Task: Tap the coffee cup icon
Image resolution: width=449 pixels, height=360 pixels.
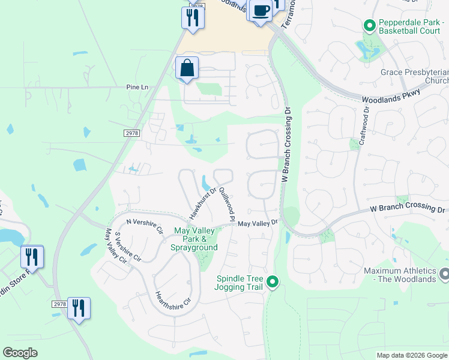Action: point(261,11)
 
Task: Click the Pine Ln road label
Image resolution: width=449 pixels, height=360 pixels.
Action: point(137,87)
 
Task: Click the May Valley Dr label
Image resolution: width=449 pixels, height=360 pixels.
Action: point(258,223)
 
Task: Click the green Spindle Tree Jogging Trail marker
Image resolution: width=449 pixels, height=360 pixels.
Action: point(273,281)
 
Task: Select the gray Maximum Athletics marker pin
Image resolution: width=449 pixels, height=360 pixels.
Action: point(444,274)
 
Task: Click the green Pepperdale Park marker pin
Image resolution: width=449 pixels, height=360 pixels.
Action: point(369,26)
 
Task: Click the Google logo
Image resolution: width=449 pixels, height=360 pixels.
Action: point(20,353)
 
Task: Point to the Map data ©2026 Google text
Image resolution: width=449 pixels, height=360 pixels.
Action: point(411,355)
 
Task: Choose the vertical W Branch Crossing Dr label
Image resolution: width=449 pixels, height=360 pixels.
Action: point(286,145)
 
